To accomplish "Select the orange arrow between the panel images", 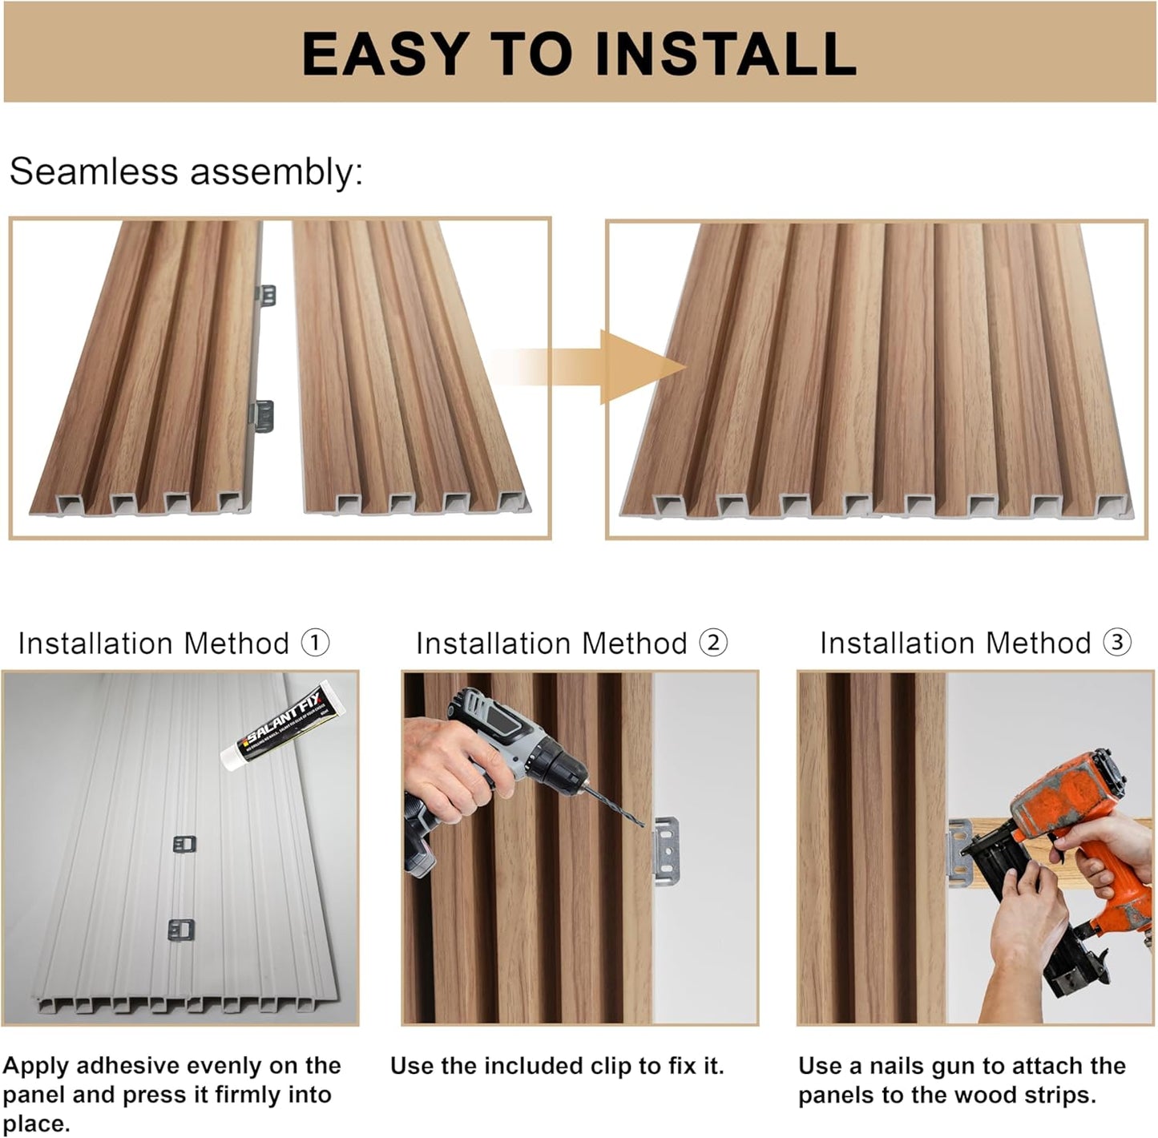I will pos(617,367).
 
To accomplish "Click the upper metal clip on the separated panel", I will pos(267,295).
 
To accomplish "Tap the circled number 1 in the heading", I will pos(315,643).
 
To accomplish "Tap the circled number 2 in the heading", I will pos(713,643).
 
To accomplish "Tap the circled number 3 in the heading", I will pos(1117,643).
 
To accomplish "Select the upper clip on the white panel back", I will pos(184,844).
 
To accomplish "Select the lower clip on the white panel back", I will pos(182,930).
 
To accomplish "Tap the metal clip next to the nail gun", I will pos(959,853).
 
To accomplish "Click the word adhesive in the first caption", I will pos(134,1066).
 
